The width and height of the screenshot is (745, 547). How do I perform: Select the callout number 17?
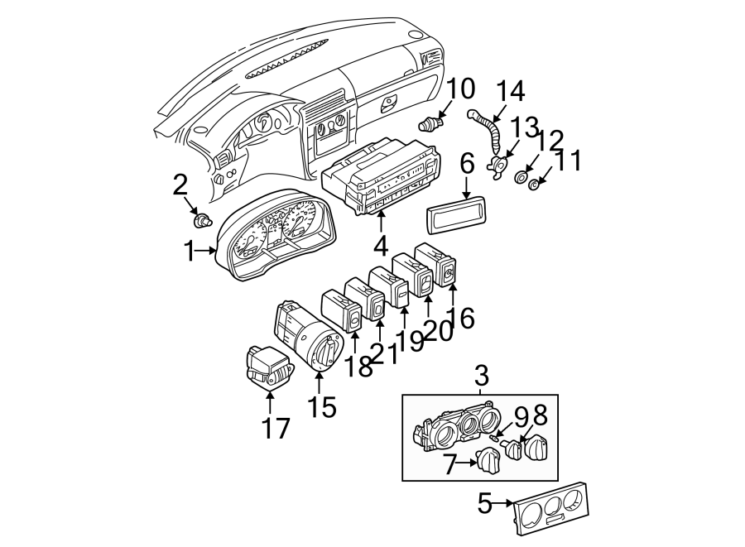click(x=276, y=429)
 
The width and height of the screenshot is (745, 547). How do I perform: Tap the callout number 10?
click(x=462, y=89)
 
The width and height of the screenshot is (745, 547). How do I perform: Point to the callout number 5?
click(x=484, y=501)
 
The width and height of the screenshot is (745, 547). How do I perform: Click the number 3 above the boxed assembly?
click(x=482, y=377)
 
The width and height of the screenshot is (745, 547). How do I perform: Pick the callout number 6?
click(x=468, y=165)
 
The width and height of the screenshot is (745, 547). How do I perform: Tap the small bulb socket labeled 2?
click(x=201, y=221)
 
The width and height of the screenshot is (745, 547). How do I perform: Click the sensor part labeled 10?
click(x=430, y=125)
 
